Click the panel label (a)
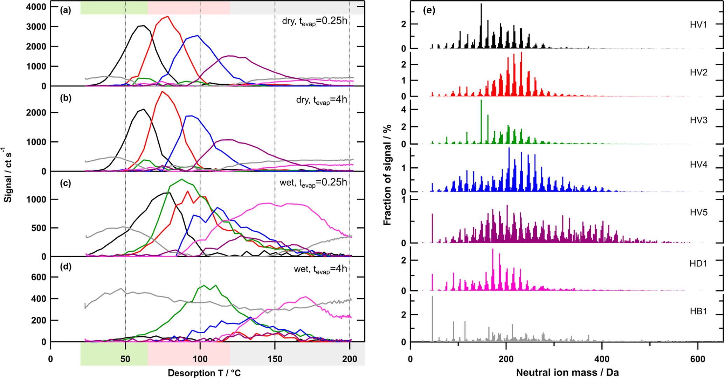click(x=65, y=10)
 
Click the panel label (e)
click(x=429, y=10)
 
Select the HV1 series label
click(x=698, y=24)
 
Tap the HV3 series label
click(x=698, y=120)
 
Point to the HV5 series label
click(x=698, y=212)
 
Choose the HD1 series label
click(x=698, y=264)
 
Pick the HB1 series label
click(x=698, y=311)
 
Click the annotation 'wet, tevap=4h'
click(x=320, y=269)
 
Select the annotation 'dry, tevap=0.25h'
click(x=314, y=21)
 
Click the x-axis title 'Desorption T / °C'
click(x=204, y=373)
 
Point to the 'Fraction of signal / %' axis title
click(x=387, y=175)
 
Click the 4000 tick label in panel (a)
click(x=36, y=7)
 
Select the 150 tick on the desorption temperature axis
click(x=275, y=359)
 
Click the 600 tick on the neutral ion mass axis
click(x=698, y=359)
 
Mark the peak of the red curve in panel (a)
click(x=168, y=16)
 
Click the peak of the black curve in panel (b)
click(x=144, y=109)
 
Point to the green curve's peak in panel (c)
click(x=181, y=180)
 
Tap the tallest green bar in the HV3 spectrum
click(x=481, y=100)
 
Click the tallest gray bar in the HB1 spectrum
click(x=433, y=297)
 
